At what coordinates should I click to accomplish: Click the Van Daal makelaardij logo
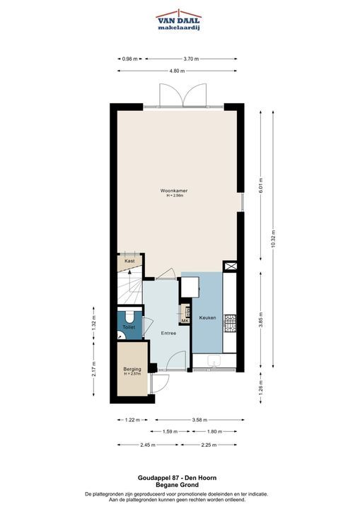pos(179,20)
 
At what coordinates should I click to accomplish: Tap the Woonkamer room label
pos(174,191)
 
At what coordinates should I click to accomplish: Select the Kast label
pos(129,261)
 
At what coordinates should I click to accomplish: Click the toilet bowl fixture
pos(129,315)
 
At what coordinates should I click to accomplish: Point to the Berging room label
pos(132,369)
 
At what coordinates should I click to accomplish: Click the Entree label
pos(168,334)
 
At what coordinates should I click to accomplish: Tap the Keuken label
pos(208,318)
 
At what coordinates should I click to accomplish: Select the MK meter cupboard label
pos(185,321)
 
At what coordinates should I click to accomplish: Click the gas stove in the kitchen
pos(231,324)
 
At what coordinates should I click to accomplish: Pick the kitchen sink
pos(214,361)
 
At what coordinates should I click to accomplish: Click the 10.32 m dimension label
pos(273,239)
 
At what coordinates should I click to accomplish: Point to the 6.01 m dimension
pos(260,186)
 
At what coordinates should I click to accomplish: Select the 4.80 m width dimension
pos(177,71)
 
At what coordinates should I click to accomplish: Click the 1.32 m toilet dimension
pos(94,323)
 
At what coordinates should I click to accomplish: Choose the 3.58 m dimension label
pos(199,420)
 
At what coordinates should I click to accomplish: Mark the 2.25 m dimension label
pos(209,445)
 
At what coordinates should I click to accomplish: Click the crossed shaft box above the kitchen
pos(230,267)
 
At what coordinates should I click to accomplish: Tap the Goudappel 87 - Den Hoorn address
pos(177,478)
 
